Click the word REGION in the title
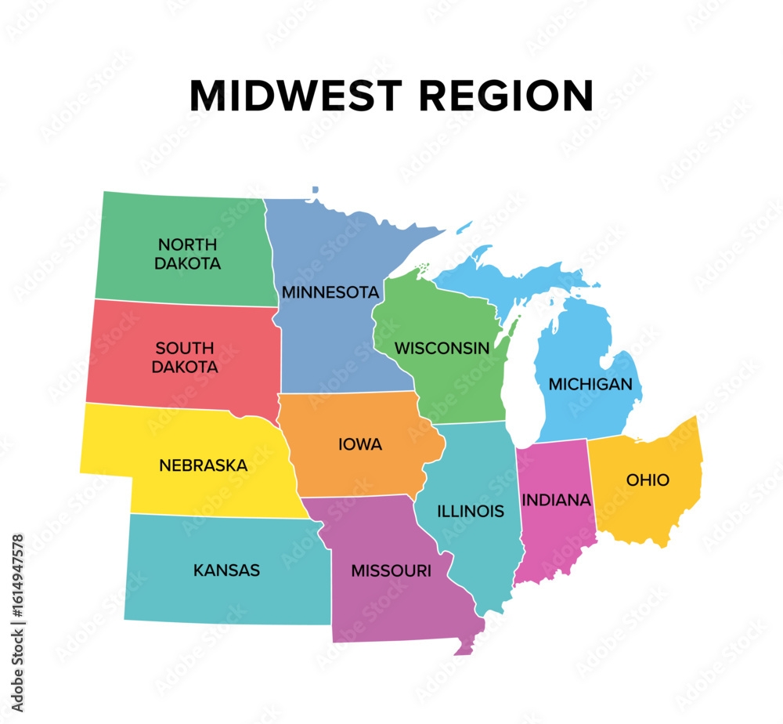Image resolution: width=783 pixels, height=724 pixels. pyautogui.click(x=504, y=96)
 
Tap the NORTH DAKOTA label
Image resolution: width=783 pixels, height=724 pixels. pyautogui.click(x=187, y=254)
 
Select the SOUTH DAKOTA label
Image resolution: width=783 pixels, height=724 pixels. pyautogui.click(x=186, y=357)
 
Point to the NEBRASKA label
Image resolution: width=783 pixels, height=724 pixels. pyautogui.click(x=203, y=465)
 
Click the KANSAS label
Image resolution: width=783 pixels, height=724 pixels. pyautogui.click(x=226, y=570)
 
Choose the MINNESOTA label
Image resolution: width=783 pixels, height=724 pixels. pyautogui.click(x=330, y=292)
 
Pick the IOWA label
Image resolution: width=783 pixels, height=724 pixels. pyautogui.click(x=360, y=445)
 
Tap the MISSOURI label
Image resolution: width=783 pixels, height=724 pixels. pyautogui.click(x=391, y=571)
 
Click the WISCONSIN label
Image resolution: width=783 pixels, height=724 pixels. pyautogui.click(x=442, y=348)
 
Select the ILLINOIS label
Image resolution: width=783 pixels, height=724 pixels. pyautogui.click(x=471, y=511)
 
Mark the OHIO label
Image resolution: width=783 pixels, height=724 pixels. pyautogui.click(x=648, y=480)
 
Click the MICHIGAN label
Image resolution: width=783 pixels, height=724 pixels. pyautogui.click(x=590, y=384)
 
